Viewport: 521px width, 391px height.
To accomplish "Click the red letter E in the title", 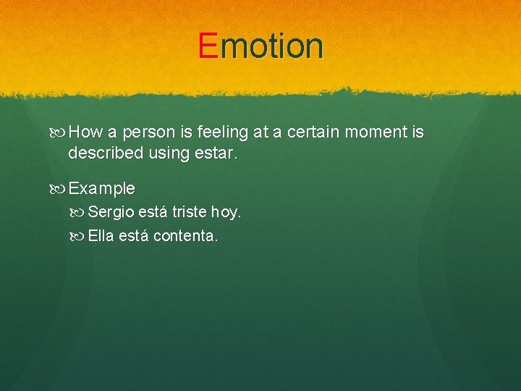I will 208,46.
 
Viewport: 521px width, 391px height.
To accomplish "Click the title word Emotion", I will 260,46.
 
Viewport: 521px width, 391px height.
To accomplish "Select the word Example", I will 101,189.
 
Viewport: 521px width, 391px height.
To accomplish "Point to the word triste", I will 190,213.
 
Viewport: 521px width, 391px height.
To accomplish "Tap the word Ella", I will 101,236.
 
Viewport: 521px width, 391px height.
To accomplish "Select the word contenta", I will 185,236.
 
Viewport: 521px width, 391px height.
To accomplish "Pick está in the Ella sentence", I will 135,236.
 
